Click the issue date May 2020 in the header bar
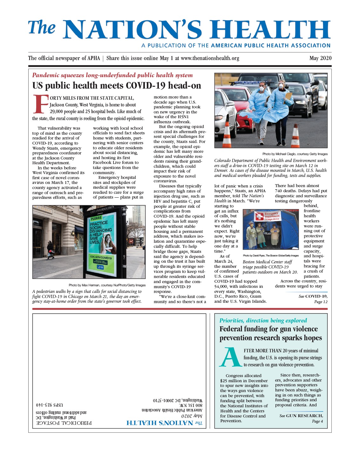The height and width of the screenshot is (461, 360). click(320, 58)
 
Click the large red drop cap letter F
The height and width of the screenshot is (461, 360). click(40, 104)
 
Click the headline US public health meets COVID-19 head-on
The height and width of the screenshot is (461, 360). click(117, 86)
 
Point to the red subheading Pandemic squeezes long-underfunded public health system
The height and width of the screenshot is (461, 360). click(112, 75)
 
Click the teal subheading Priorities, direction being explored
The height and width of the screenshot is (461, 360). click(263, 321)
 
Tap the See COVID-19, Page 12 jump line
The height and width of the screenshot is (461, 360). click(313, 299)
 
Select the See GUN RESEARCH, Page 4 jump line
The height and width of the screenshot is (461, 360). click(301, 418)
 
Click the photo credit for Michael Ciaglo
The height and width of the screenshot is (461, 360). click(295, 154)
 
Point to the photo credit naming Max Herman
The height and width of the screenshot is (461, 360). click(107, 285)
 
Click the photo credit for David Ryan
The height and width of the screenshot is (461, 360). click(271, 255)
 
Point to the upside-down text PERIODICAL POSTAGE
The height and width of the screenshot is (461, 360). click(64, 423)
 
